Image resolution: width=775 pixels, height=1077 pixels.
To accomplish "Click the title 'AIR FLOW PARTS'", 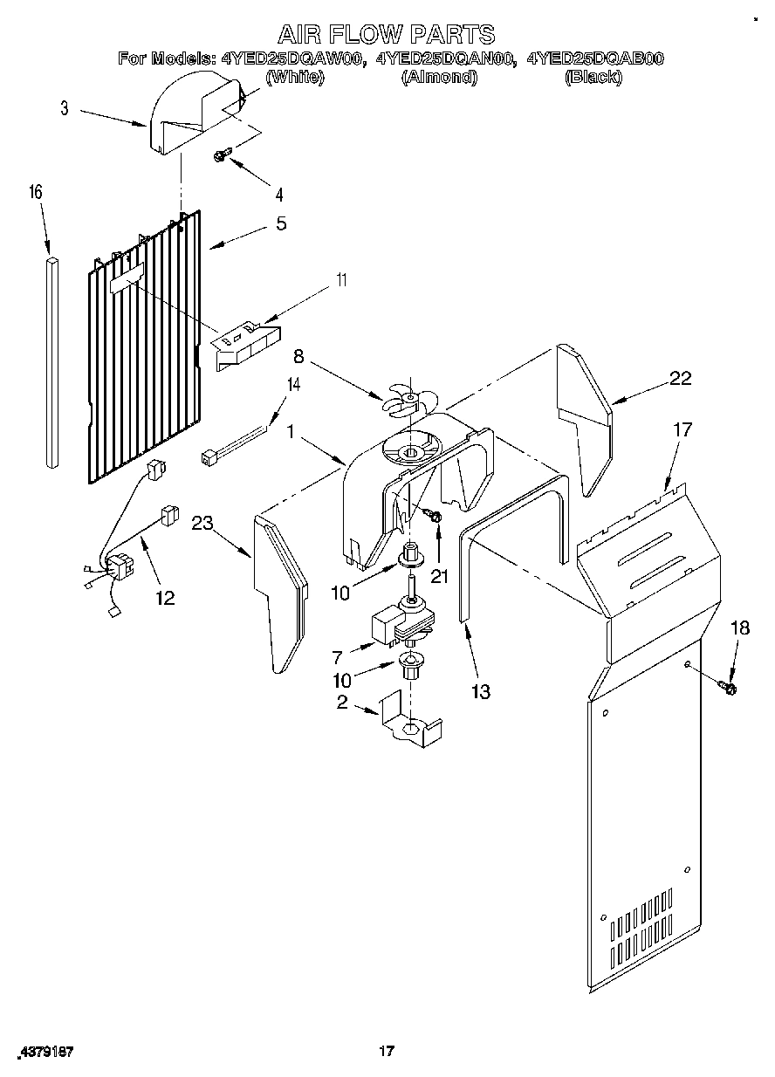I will click(x=386, y=34).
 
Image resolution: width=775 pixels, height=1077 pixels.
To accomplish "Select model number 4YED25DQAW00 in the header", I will click(x=291, y=59).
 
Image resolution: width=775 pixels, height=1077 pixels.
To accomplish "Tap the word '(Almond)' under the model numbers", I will click(x=438, y=77).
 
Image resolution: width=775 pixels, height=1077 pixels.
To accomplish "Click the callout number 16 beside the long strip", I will click(x=38, y=192).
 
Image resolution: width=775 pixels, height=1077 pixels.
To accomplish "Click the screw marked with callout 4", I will click(x=220, y=155).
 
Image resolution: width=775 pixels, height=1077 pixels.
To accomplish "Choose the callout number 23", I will click(x=202, y=523).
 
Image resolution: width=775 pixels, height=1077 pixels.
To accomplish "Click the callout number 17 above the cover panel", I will click(x=682, y=429).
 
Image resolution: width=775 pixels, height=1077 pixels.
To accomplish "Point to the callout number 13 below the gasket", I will click(x=479, y=691).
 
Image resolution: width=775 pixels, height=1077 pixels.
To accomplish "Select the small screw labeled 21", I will click(x=434, y=518).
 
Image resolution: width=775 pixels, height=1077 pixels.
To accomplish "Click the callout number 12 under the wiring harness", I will click(x=164, y=598).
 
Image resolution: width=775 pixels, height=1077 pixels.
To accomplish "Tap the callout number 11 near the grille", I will click(x=342, y=279).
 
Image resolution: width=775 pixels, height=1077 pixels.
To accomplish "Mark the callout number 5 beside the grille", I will click(x=280, y=223).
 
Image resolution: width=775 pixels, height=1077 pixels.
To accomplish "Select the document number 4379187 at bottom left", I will click(x=45, y=1052).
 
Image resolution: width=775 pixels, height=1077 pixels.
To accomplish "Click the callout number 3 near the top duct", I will click(x=64, y=108).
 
